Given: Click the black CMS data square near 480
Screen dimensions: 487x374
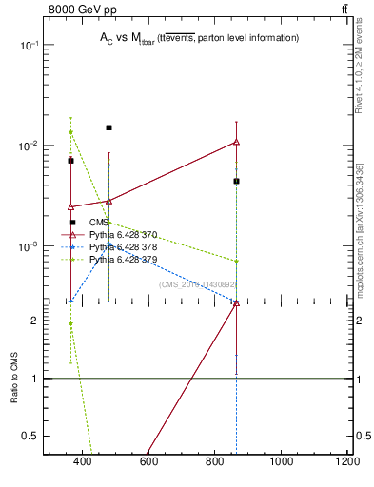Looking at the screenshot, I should click(109, 127).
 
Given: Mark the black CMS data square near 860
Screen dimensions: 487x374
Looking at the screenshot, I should click(236, 181).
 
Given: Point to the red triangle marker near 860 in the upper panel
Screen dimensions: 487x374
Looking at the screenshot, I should click(236, 142).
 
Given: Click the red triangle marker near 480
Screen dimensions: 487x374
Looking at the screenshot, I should click(109, 201).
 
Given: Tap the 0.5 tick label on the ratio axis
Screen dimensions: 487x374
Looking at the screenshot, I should click(30, 436).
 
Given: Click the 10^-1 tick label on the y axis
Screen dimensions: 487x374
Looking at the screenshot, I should click(28, 45).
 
